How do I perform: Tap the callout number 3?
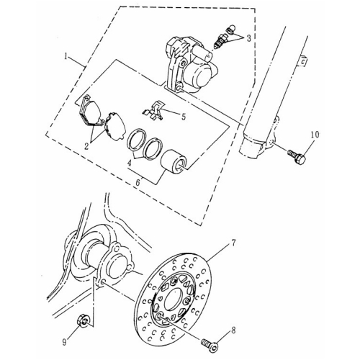click(x=249, y=37)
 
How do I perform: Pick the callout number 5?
click(x=183, y=114)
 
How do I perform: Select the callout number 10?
click(x=313, y=135)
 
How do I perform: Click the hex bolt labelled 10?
click(x=297, y=153)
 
